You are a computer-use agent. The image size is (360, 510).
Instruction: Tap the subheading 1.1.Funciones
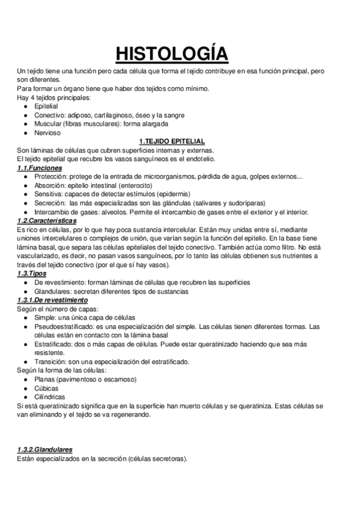(40, 168)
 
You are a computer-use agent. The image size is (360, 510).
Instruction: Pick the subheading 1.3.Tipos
(34, 274)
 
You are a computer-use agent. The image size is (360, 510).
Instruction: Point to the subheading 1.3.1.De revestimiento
(53, 300)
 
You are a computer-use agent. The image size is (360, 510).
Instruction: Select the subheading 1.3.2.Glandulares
(46, 449)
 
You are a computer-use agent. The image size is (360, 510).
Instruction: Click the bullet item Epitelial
(46, 106)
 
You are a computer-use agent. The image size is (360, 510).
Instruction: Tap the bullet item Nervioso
(47, 132)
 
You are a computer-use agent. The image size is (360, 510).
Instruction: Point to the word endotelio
(198, 159)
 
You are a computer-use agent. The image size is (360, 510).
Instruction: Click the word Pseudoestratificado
(66, 327)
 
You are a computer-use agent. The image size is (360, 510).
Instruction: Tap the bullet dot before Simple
(25, 318)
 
